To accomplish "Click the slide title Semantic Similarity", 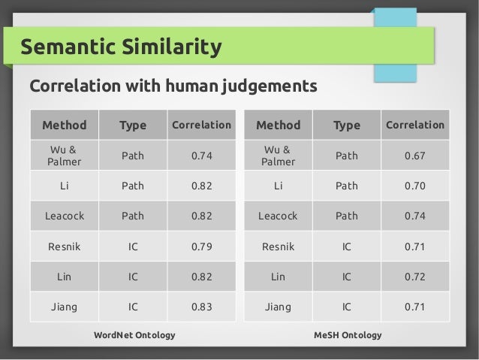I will coord(122,48).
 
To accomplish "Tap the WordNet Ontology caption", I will coord(134,334).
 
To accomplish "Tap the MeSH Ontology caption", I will coord(348,334).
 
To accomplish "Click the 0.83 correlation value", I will coord(201,307).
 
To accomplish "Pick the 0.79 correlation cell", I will coord(201,246).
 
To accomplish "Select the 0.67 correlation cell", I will coord(414,155).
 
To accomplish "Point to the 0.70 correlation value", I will coord(414,185).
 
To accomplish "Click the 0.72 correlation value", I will coord(414,276).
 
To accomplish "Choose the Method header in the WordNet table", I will coord(65,125).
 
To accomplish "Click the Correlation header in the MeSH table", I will coord(414,125).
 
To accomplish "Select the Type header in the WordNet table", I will coord(133,125).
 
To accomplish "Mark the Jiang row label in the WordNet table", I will coord(65,307).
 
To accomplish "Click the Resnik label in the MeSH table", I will coord(278,246).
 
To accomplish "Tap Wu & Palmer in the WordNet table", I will coord(65,155).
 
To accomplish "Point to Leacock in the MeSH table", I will coord(278,216).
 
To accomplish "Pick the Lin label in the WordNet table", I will coord(65,276).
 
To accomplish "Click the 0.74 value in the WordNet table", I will coord(201,155).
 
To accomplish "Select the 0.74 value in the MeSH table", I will coord(414,216).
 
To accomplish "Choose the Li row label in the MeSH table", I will coord(278,185).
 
